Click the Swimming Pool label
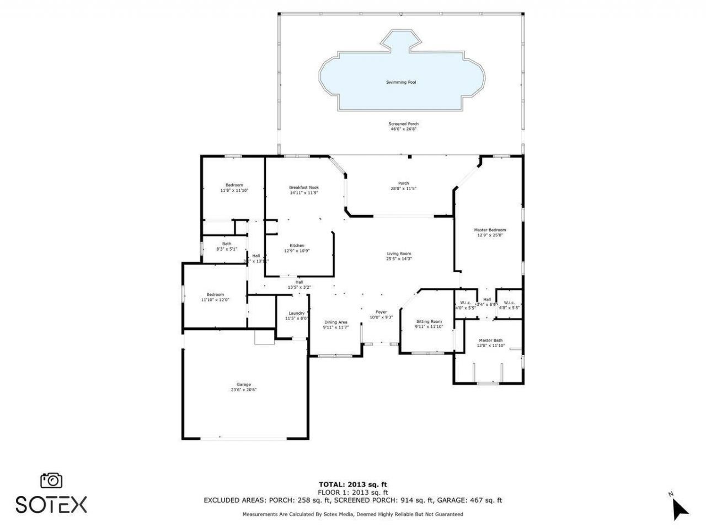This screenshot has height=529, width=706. (x=400, y=82)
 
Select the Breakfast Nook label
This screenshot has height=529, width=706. (x=304, y=187)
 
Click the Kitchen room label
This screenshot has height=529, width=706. (x=297, y=245)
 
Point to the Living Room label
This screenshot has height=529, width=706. (x=399, y=253)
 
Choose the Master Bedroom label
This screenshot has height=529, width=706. (x=490, y=230)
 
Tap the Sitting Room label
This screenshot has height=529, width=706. (x=429, y=321)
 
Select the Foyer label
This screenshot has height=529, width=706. (x=381, y=312)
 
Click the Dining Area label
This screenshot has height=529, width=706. (x=335, y=322)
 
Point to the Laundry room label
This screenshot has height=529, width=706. (x=296, y=313)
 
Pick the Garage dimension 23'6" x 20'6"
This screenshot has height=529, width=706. (x=244, y=390)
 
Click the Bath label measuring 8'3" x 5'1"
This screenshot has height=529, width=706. (x=227, y=244)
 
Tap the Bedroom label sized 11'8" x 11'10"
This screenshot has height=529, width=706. (x=234, y=185)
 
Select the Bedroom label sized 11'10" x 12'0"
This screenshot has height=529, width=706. (x=215, y=294)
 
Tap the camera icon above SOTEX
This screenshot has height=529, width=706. (x=51, y=481)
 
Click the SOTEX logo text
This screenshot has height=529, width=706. (x=51, y=504)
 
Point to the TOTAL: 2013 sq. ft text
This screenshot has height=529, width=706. (x=353, y=484)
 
